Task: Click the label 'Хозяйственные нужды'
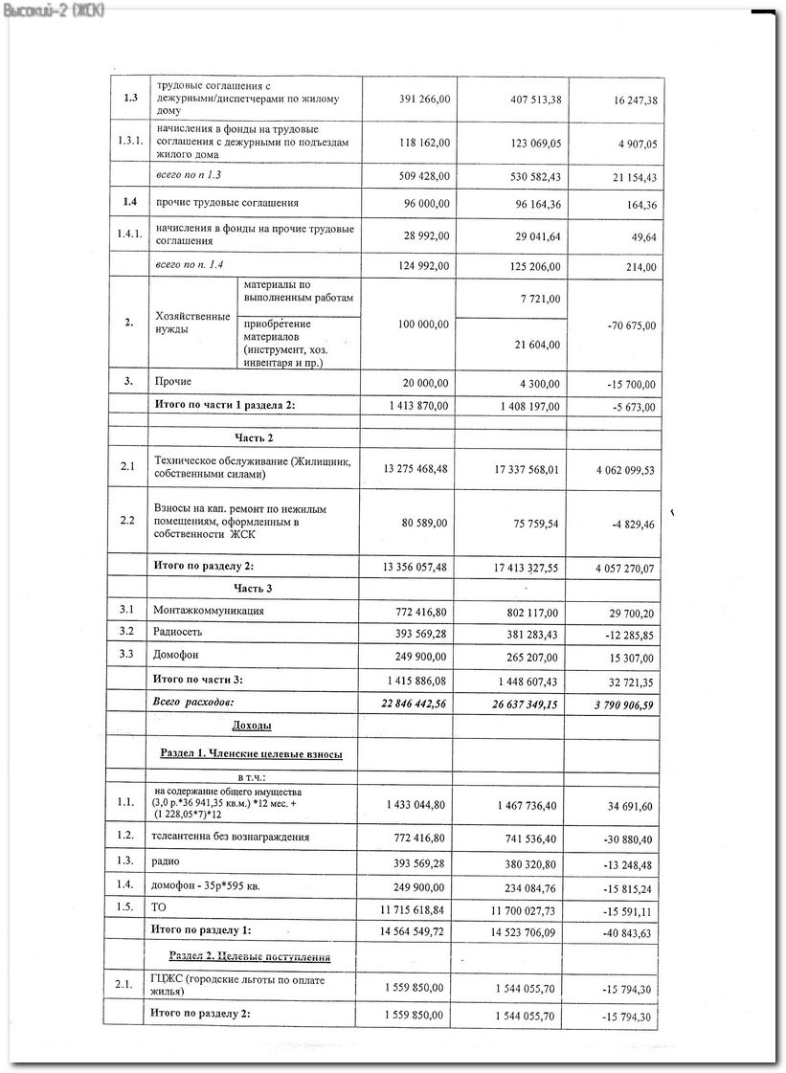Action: point(191,323)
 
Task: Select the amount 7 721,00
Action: point(541,300)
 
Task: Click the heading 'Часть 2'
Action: point(254,437)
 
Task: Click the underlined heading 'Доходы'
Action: point(252,727)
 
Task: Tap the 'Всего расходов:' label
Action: point(193,703)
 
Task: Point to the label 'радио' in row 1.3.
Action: point(166,861)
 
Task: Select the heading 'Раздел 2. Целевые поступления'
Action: point(250,956)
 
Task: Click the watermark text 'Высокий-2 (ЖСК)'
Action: point(54,10)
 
